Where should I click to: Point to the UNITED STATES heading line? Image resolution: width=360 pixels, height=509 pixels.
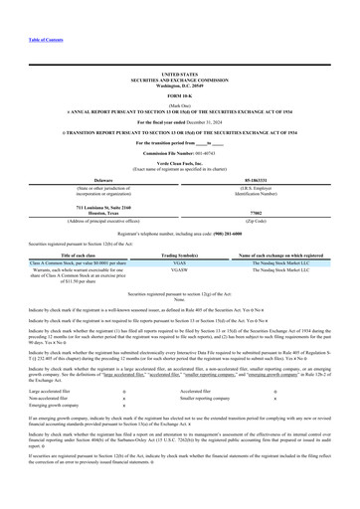179,74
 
